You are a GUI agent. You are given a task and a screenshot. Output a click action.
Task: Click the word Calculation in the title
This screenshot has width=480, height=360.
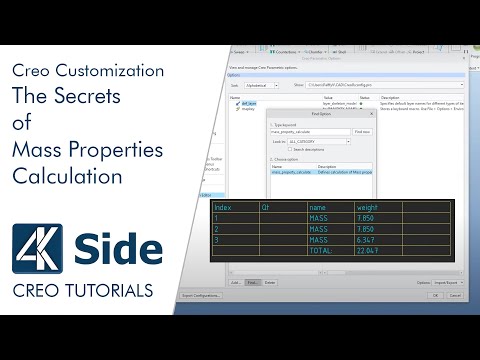pyautogui.click(x=67, y=177)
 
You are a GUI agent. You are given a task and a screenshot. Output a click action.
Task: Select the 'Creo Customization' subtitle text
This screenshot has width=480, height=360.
pyautogui.click(x=88, y=71)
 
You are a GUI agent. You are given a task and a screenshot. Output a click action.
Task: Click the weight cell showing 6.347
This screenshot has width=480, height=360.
pyautogui.click(x=367, y=240)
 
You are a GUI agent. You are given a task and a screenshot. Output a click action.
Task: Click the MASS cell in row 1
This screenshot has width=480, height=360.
pyautogui.click(x=319, y=217)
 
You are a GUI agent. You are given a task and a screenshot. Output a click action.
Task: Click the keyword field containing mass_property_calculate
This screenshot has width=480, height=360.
pyautogui.click(x=309, y=131)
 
